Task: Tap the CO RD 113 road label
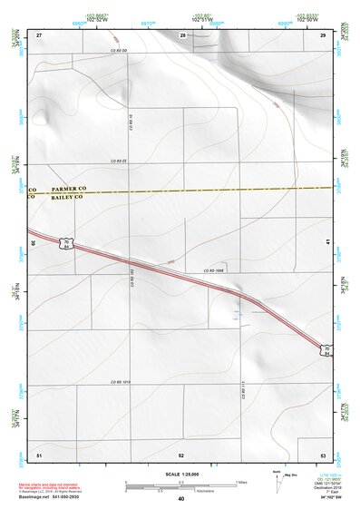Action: [244, 391]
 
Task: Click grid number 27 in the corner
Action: [39, 34]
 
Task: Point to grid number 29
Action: [323, 34]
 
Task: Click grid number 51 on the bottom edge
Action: [39, 453]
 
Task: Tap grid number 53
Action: [323, 453]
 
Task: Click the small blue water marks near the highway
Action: [237, 314]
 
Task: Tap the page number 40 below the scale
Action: [180, 499]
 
